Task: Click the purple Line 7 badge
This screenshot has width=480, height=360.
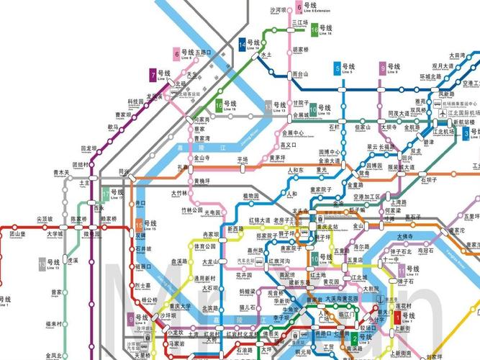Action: pyautogui.click(x=153, y=74)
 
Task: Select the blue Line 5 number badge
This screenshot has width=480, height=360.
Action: pyautogui.click(x=338, y=69)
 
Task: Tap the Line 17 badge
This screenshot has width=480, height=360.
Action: pyautogui.click(x=107, y=194)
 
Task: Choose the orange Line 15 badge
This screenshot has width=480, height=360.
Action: pyautogui.click(x=139, y=225)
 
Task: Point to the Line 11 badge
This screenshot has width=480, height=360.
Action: pyautogui.click(x=401, y=271)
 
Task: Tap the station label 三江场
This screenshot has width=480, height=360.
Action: pyautogui.click(x=300, y=23)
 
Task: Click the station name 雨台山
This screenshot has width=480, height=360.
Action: pyautogui.click(x=301, y=73)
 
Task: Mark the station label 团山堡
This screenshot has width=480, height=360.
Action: pyautogui.click(x=17, y=234)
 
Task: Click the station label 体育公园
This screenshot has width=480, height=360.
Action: pyautogui.click(x=204, y=246)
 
